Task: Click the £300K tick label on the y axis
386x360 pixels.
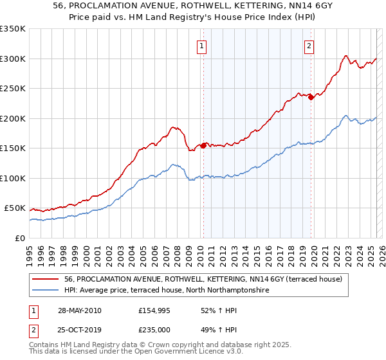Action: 12,59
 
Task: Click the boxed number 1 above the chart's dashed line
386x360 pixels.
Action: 202,46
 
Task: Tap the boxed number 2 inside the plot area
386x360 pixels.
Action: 309,46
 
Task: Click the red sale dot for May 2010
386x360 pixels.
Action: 204,145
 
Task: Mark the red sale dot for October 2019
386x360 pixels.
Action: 311,98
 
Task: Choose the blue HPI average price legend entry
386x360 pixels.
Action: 167,290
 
